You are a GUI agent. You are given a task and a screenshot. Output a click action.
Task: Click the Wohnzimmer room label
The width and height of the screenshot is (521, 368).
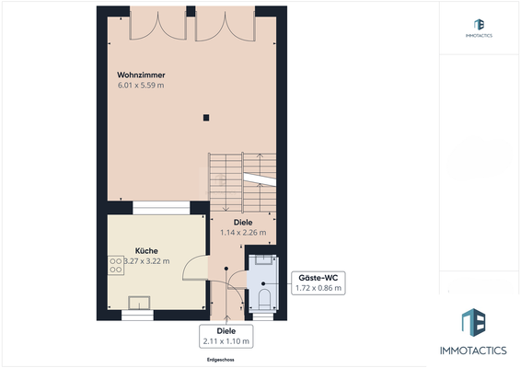tap(141, 74)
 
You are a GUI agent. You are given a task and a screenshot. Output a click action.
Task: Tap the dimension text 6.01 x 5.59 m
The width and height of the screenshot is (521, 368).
tap(141, 86)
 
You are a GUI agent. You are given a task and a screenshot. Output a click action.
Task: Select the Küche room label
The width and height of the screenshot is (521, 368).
tap(146, 250)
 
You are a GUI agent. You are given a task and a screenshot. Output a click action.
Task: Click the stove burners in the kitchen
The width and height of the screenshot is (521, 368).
tap(116, 265)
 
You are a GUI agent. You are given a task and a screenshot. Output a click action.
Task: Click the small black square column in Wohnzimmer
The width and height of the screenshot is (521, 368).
tap(207, 117)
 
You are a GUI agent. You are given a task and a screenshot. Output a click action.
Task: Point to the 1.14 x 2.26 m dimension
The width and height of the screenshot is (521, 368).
tap(243, 233)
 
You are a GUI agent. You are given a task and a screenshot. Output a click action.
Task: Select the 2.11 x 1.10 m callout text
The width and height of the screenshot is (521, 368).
tap(226, 342)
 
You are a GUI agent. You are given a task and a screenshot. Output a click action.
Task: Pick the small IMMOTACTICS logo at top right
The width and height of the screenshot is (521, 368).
tap(480, 29)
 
